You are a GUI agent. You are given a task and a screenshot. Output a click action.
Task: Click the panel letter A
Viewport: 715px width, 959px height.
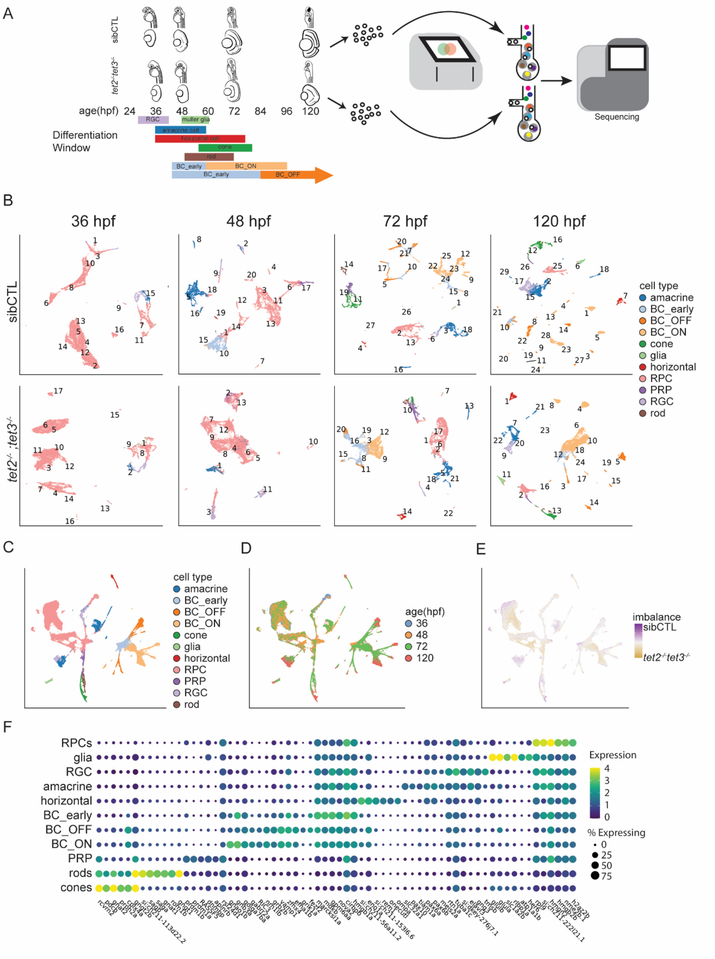point(8,14)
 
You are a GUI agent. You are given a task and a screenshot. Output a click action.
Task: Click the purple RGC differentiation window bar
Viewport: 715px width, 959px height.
point(153,119)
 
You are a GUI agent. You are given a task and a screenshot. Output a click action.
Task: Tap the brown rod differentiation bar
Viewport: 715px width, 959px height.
point(209,156)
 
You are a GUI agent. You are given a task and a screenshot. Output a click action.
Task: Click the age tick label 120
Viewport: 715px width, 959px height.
point(310,111)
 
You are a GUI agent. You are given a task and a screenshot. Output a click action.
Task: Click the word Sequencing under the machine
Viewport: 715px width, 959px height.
point(616,117)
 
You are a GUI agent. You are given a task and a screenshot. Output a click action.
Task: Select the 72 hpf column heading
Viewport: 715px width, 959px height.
point(405,221)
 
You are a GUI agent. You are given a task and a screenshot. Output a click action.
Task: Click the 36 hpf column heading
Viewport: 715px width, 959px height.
point(93,221)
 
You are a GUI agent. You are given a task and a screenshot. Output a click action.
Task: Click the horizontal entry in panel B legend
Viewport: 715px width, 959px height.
point(673,367)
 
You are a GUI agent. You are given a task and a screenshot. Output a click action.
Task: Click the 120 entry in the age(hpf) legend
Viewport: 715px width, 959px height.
point(424,658)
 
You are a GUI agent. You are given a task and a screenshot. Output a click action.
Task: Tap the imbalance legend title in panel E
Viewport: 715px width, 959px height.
point(656,617)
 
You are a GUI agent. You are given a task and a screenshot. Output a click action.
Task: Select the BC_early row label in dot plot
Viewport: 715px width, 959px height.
point(67,815)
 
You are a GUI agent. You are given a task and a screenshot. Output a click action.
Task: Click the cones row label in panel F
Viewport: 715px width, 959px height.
point(76,888)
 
